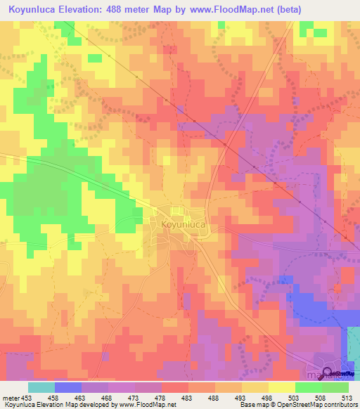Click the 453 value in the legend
pos(27,397)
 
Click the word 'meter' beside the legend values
pos(9,397)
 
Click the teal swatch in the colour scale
pos(41,387)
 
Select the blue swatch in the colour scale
pos(67,387)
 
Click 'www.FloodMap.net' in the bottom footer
pos(147,405)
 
